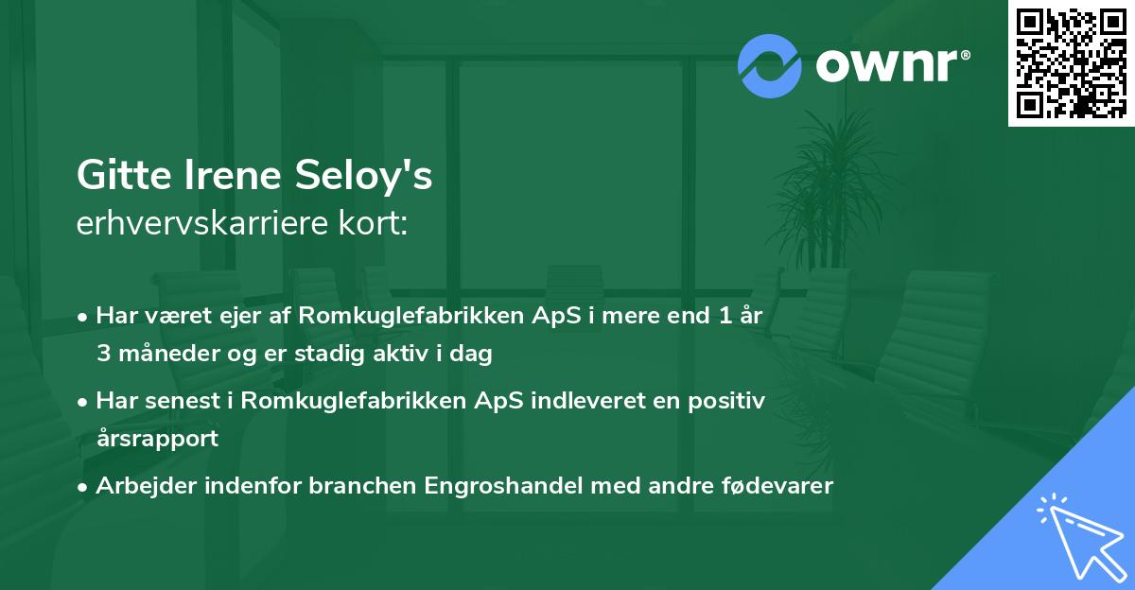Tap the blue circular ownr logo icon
tap(770, 66)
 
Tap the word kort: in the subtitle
tap(375, 223)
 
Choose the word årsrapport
tap(157, 438)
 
